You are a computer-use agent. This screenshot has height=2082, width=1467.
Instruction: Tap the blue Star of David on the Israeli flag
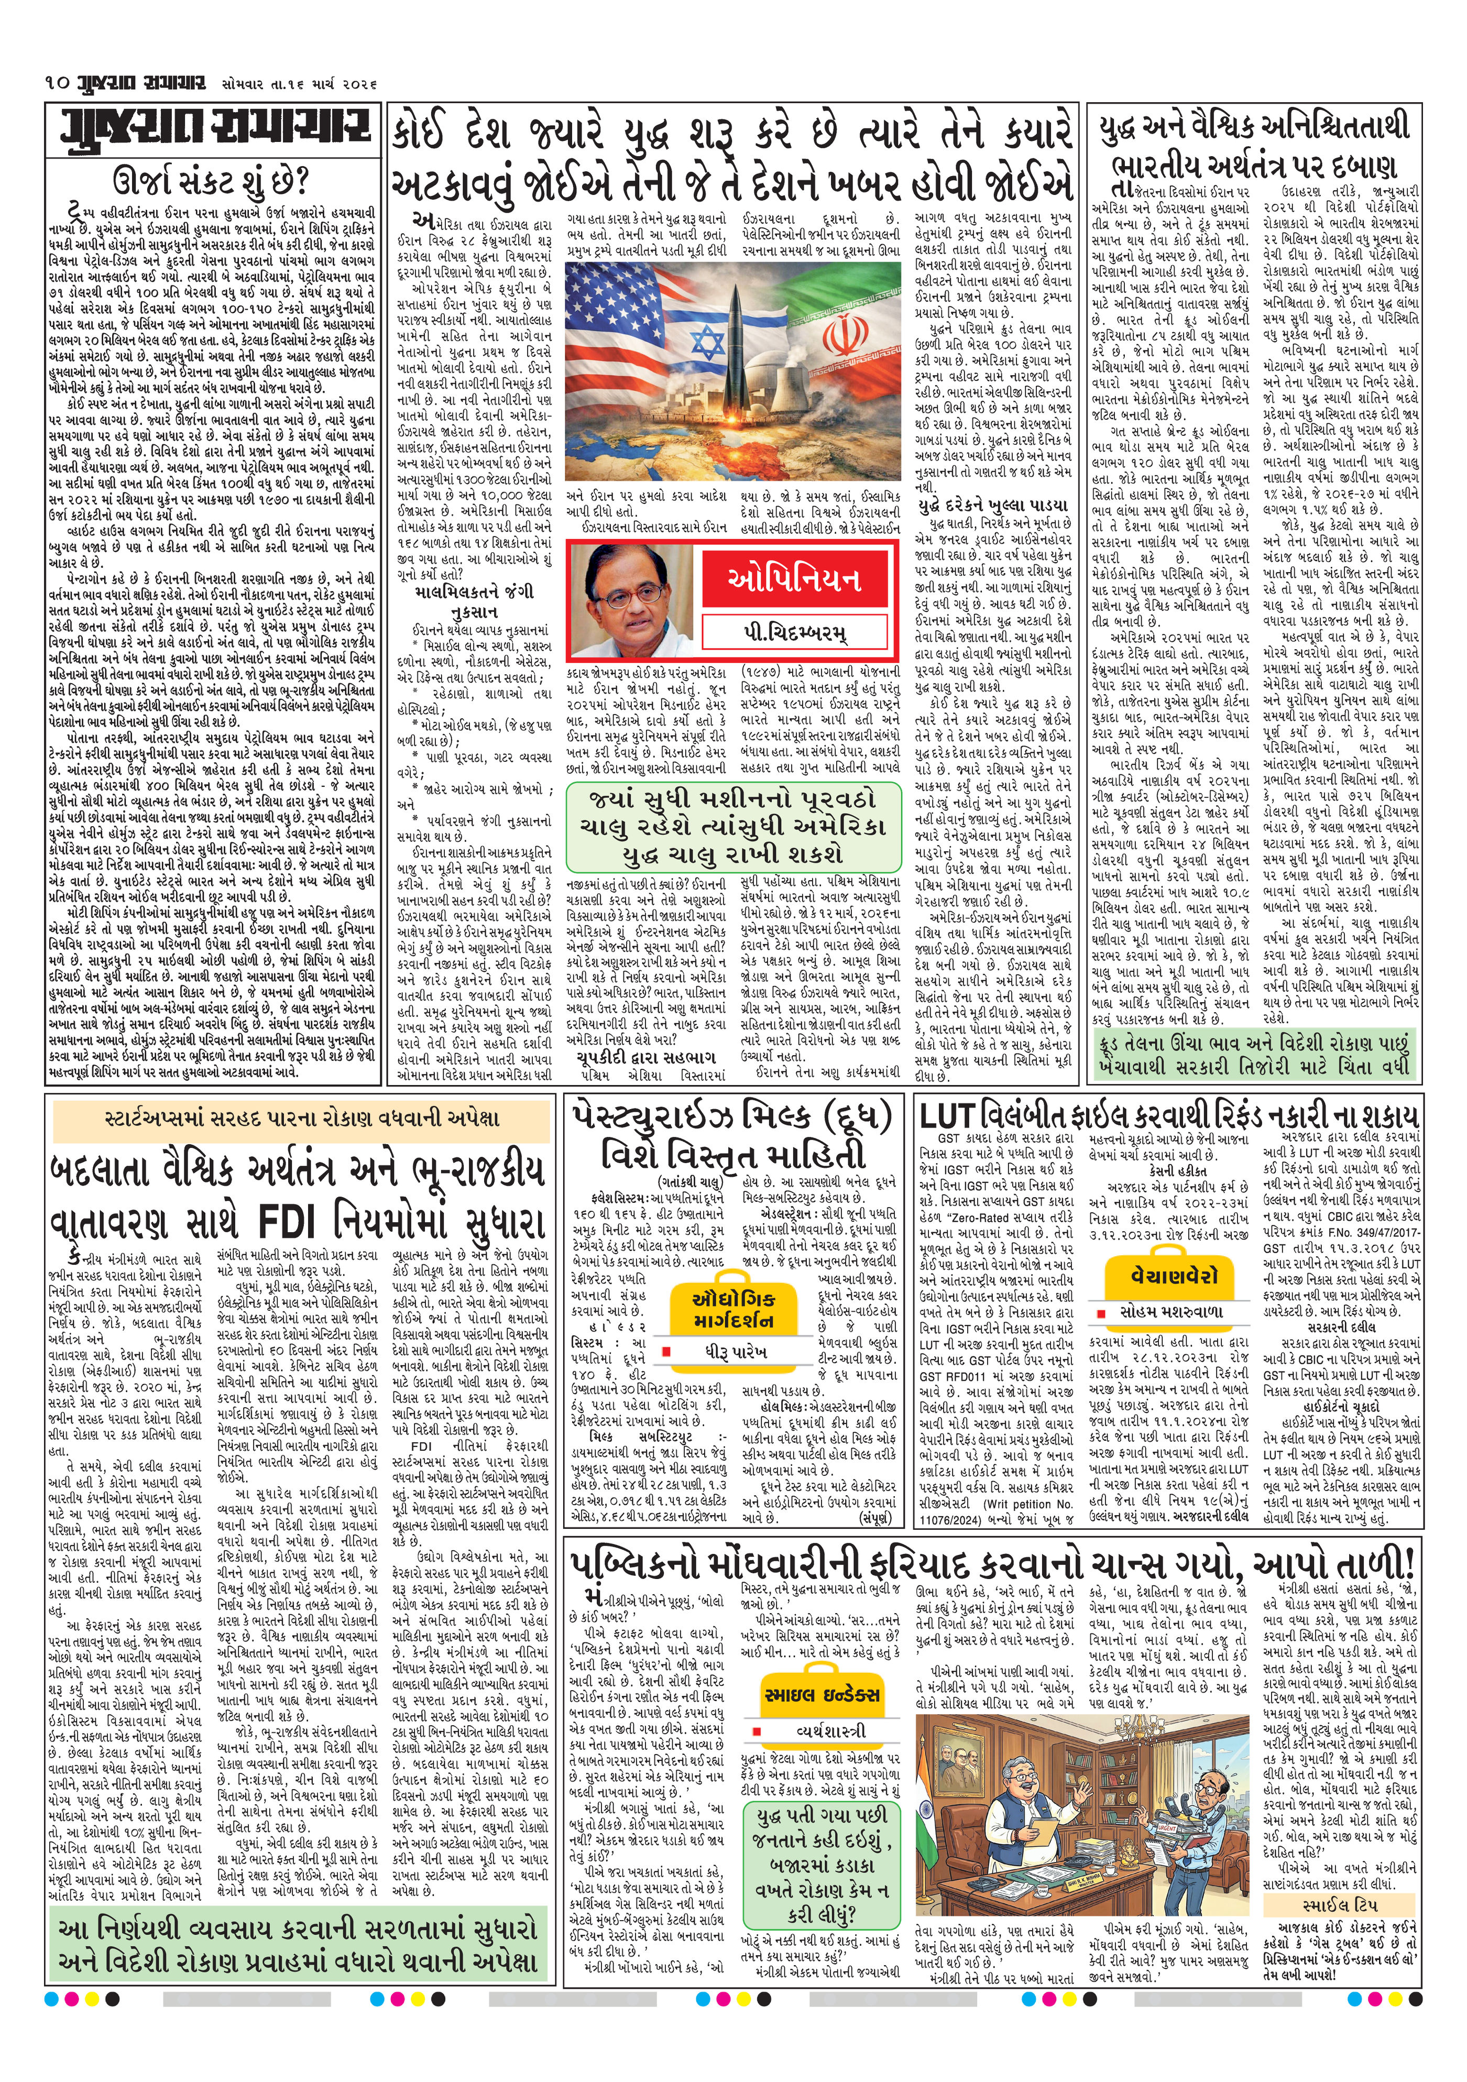point(708,342)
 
